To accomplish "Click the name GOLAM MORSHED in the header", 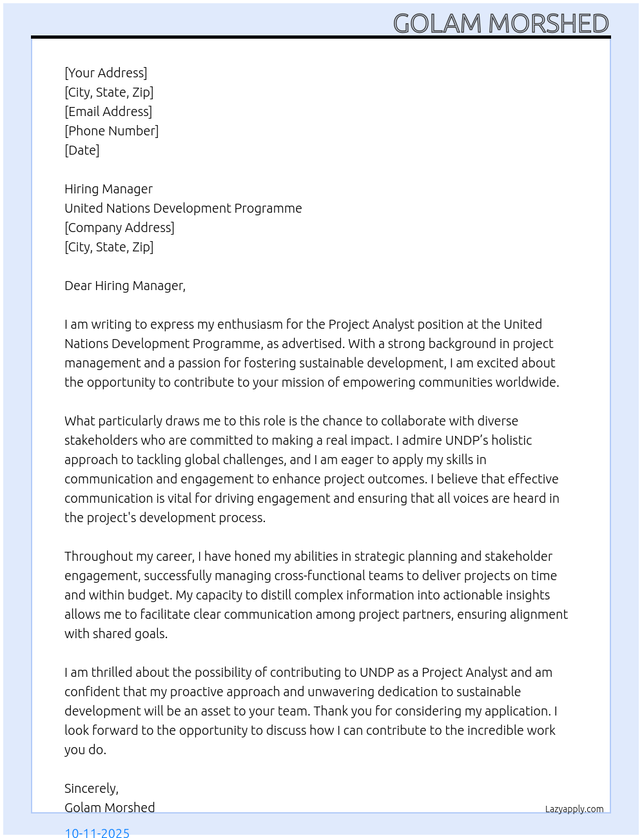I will tap(501, 24).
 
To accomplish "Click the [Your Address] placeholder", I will tap(106, 73).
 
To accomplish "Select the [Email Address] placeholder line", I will tap(108, 112).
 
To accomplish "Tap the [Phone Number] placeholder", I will tap(112, 131).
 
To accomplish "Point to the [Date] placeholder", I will tap(82, 150).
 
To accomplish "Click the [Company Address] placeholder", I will tap(119, 228).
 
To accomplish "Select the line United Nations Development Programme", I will tap(183, 208).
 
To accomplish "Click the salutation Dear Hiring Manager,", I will tap(125, 286).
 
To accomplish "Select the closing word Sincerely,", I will tap(92, 788).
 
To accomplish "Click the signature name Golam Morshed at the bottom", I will tap(110, 808).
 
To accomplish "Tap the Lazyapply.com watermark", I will tap(574, 809).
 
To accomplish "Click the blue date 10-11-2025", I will tap(97, 832).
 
